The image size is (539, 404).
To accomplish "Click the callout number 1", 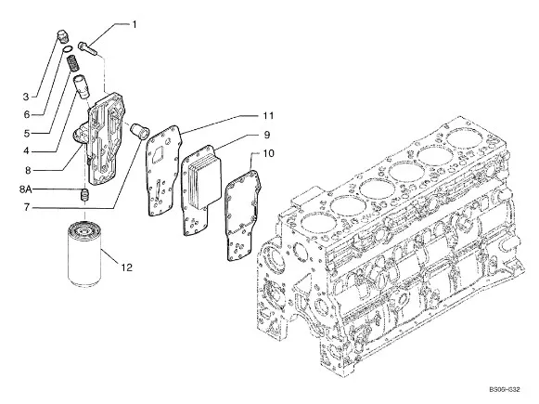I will [x=134, y=23].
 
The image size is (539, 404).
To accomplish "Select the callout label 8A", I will [x=27, y=189].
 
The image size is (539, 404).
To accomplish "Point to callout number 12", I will [x=126, y=267].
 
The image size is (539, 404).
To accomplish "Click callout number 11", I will [x=268, y=117].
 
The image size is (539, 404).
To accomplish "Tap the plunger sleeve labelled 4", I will [x=83, y=91].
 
